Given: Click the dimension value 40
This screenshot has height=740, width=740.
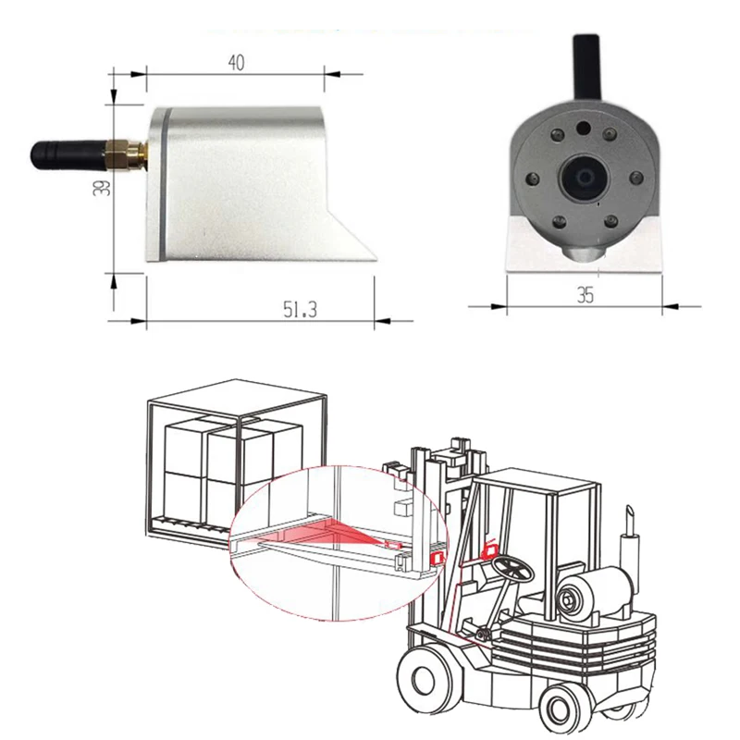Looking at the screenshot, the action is tap(237, 63).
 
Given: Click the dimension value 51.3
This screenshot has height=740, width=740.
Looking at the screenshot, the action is tap(300, 309).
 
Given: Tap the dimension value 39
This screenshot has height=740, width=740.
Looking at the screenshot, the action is tap(103, 188).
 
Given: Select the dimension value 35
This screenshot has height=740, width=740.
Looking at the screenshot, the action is tap(586, 295).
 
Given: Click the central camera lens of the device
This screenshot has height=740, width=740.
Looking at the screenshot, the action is tap(584, 178).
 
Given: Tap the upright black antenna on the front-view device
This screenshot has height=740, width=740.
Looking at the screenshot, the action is tap(586, 67).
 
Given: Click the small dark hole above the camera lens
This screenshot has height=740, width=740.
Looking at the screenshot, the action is tap(584, 128).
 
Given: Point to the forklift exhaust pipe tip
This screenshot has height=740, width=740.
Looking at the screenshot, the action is tap(629, 512).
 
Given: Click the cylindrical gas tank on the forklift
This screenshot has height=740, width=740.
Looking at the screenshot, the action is tap(594, 592).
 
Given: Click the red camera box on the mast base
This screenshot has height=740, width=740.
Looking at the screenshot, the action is tap(437, 559).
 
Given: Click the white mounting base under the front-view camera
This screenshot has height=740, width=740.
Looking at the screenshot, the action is tap(585, 244).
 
